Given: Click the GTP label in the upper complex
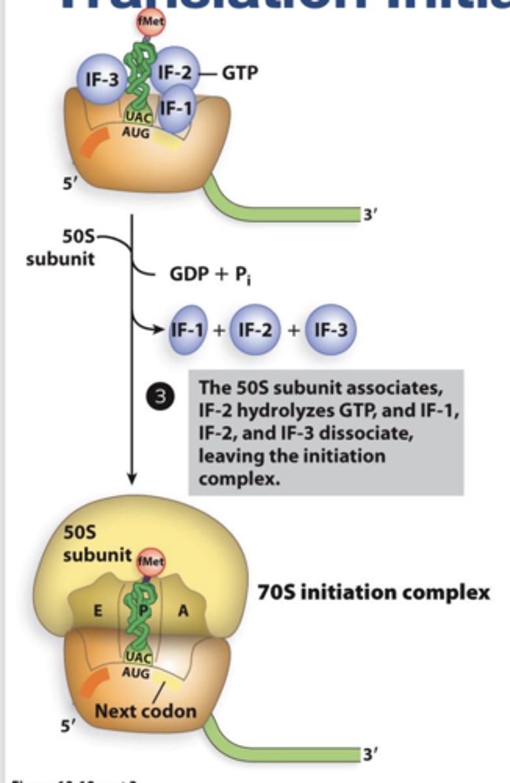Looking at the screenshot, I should click(x=240, y=72).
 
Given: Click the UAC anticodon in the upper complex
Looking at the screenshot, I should click(x=138, y=117).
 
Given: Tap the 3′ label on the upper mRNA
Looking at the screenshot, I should click(x=370, y=213).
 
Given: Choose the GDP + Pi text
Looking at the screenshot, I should click(x=211, y=275).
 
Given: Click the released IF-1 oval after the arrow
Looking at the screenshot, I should click(x=188, y=330).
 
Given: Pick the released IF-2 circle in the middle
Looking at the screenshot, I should click(x=254, y=330).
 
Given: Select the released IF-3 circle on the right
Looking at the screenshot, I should click(x=330, y=330).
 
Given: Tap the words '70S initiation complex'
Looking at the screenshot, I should click(x=374, y=592).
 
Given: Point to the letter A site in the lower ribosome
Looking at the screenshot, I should click(x=183, y=611).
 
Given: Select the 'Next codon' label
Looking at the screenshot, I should click(x=145, y=710).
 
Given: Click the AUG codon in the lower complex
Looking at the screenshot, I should click(x=135, y=673).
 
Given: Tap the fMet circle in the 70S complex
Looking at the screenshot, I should click(x=151, y=559).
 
